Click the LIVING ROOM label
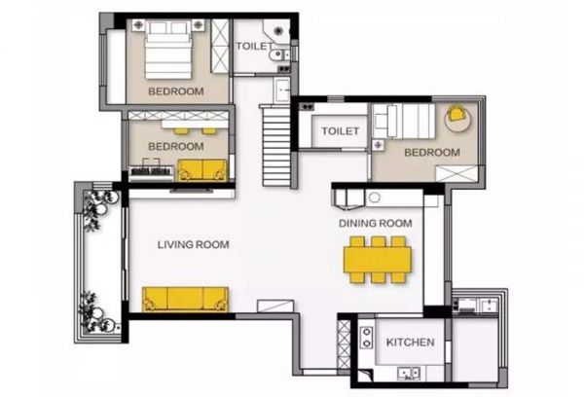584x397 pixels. pos(193,244)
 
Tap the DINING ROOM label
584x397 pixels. pos(376,223)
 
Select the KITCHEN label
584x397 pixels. pos(410,343)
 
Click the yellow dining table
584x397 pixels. pos(378,260)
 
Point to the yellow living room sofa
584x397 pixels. pos(185,299)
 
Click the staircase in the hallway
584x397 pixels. pos(276,145)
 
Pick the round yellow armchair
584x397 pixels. pos(456,114)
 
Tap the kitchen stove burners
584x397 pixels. pos(367,337)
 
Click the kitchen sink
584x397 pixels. pos(409,374)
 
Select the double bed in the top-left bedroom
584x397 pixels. pos(168,50)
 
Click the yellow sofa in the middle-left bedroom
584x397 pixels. pos(202,170)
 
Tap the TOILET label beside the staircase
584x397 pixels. pos(340,131)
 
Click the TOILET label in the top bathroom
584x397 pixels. pos(255,46)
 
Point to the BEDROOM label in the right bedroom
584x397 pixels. pos(432,153)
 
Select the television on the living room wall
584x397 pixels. pos(192,191)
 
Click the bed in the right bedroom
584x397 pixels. pos(405,121)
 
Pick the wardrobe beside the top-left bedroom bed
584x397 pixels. pos(220,46)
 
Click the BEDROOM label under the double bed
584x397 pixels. pos(176,91)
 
